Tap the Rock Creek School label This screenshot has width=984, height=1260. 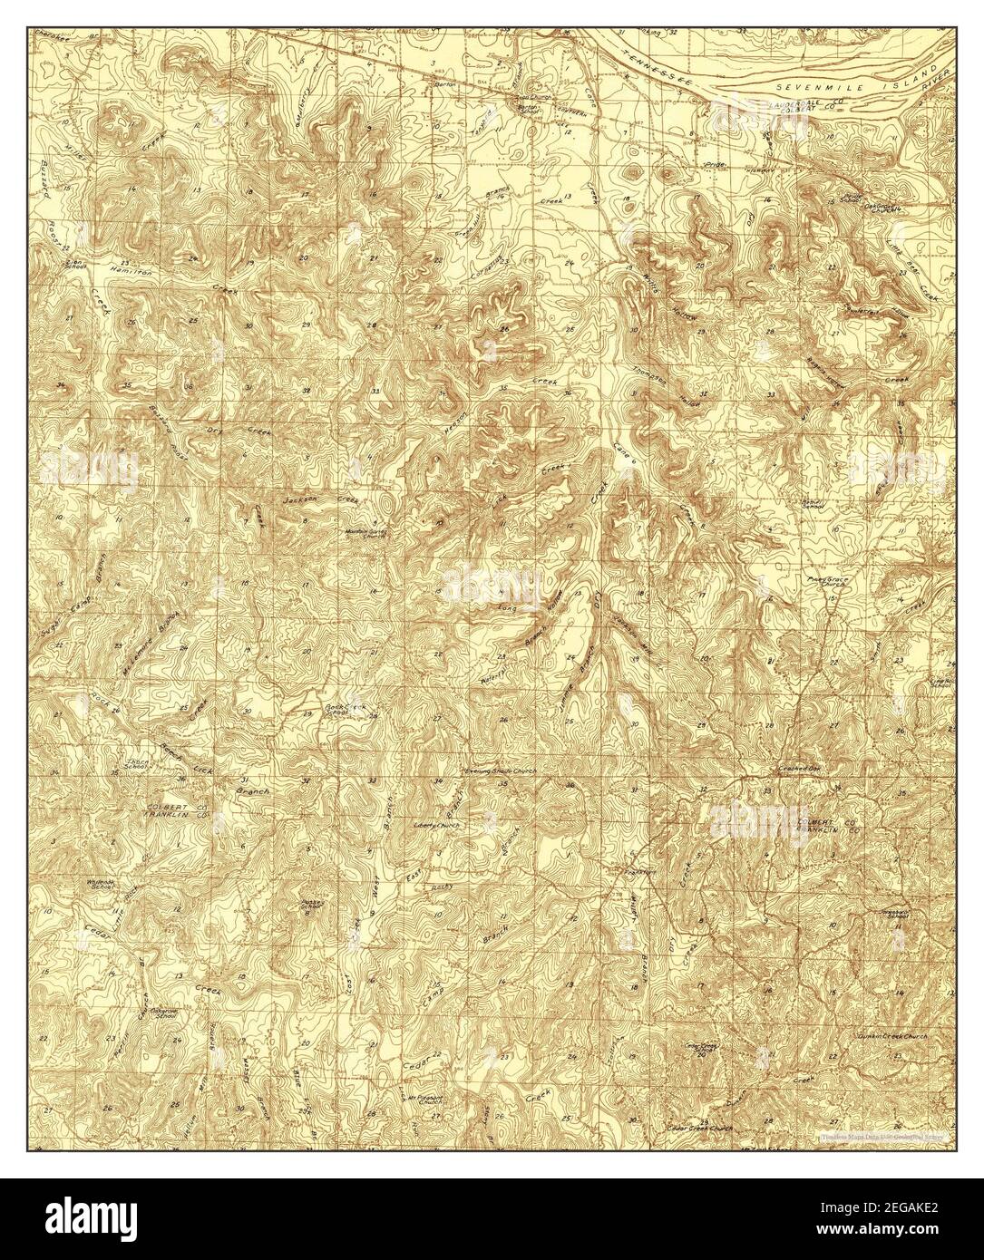coord(337,708)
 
